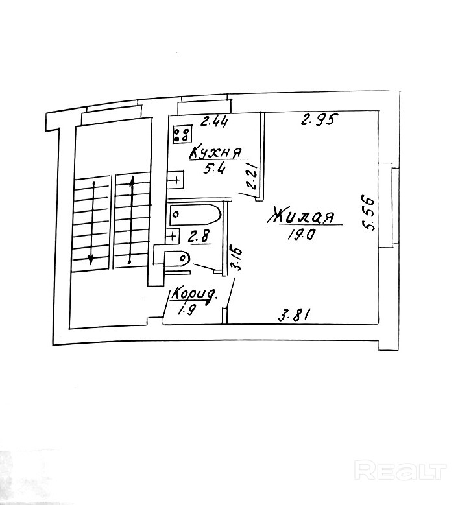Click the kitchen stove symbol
[182, 133]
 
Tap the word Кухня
[215, 153]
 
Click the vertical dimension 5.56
[370, 213]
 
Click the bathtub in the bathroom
[194, 213]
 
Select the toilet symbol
[176, 259]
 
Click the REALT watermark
[402, 469]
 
